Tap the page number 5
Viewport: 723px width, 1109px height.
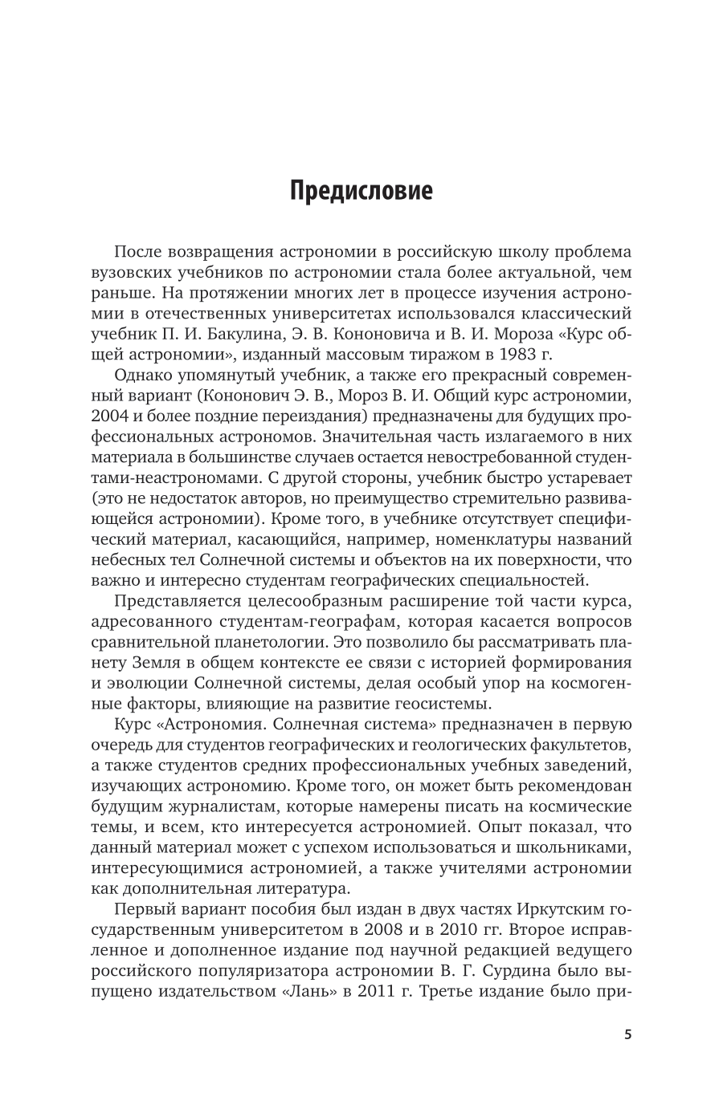(628, 1034)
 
